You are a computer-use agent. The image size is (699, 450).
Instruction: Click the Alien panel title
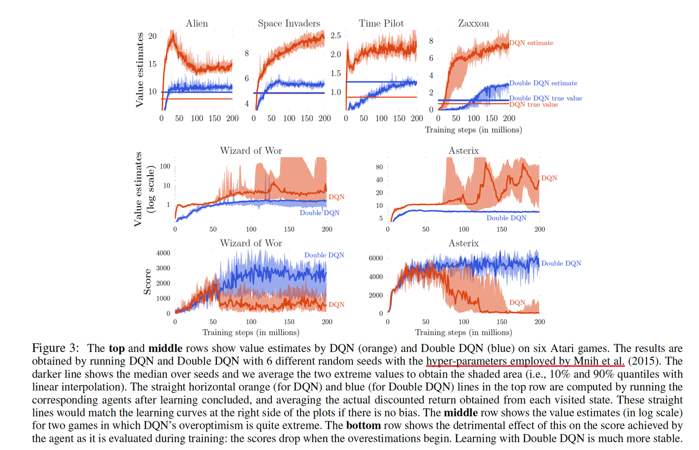pos(197,23)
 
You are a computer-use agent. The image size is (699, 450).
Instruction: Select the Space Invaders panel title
pos(289,23)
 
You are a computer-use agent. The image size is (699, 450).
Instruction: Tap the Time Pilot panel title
pos(381,23)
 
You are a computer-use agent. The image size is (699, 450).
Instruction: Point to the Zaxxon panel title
pos(473,23)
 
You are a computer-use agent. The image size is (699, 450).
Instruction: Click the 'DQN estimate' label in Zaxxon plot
pos(531,43)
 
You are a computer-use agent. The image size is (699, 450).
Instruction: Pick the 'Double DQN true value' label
pos(546,98)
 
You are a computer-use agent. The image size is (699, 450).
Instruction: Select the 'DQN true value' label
pos(533,105)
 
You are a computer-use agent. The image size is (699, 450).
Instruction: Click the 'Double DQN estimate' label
pos(543,83)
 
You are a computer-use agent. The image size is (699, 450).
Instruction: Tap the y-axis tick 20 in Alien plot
pos(152,36)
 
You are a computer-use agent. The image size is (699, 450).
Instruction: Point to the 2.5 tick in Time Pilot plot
pos(335,35)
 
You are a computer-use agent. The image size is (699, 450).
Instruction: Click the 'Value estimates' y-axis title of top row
pos(140,70)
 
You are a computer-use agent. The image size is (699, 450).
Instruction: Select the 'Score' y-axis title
pos(148,283)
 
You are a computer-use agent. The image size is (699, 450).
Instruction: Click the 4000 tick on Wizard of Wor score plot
pos(163,253)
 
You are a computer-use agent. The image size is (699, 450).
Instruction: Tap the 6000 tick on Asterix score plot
pos(376,258)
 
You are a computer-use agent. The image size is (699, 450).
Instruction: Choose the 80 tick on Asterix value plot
pos(380,167)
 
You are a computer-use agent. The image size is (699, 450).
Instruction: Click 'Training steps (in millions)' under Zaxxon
pos(473,130)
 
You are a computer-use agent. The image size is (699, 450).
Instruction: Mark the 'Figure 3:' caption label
pos(55,348)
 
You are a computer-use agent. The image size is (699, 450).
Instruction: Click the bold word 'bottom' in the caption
pos(363,426)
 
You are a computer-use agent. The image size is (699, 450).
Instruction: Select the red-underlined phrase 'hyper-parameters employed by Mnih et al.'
pos(525,361)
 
